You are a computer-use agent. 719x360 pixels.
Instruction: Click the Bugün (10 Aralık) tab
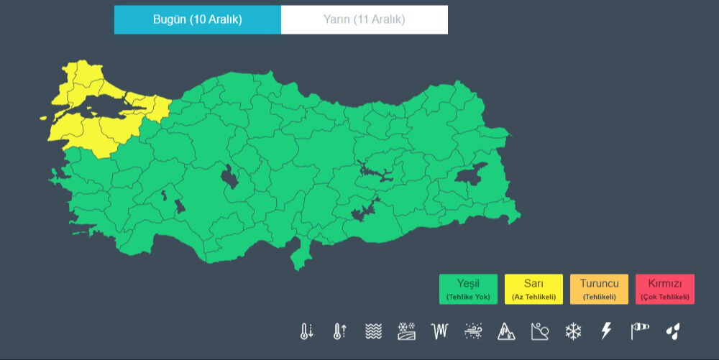[197, 19]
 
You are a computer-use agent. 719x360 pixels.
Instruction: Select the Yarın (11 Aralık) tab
[364, 19]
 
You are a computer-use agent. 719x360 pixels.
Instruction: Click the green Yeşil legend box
[468, 289]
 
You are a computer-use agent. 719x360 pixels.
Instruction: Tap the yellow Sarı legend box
[533, 289]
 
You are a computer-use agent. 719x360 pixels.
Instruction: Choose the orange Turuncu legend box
[599, 289]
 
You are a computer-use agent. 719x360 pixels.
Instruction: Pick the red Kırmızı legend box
[664, 289]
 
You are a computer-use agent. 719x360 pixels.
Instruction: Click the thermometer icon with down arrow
[307, 331]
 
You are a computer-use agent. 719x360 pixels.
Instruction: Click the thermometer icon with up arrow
[340, 331]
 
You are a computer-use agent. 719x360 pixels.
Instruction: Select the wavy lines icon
[373, 331]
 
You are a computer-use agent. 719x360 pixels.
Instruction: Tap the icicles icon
[439, 331]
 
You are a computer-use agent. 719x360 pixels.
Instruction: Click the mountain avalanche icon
[506, 331]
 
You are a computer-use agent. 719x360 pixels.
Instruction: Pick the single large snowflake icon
[573, 331]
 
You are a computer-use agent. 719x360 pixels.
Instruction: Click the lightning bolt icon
[606, 331]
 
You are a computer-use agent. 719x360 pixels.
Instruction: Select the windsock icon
[639, 331]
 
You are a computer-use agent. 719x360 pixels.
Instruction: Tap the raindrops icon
[673, 331]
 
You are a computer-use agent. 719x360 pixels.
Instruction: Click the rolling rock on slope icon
[539, 331]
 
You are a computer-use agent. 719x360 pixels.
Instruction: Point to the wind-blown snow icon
[473, 331]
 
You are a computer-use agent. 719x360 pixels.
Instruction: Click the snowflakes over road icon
[406, 331]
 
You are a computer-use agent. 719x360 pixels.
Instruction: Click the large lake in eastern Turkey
[471, 175]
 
